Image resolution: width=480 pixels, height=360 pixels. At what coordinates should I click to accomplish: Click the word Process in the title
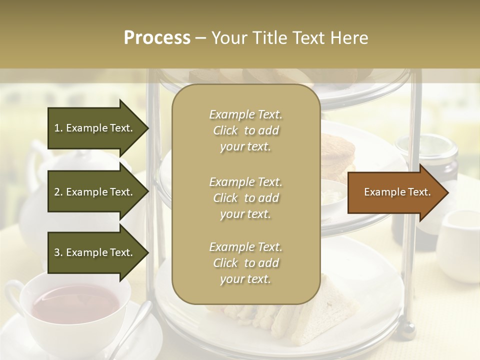(x=157, y=38)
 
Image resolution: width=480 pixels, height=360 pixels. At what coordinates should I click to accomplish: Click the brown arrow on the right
(x=397, y=192)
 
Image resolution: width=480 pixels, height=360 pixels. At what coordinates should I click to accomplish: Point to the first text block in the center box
(x=245, y=130)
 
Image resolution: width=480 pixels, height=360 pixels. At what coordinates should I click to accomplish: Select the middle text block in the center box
(x=245, y=198)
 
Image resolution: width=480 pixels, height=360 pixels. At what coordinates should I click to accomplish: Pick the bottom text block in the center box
(x=245, y=263)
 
